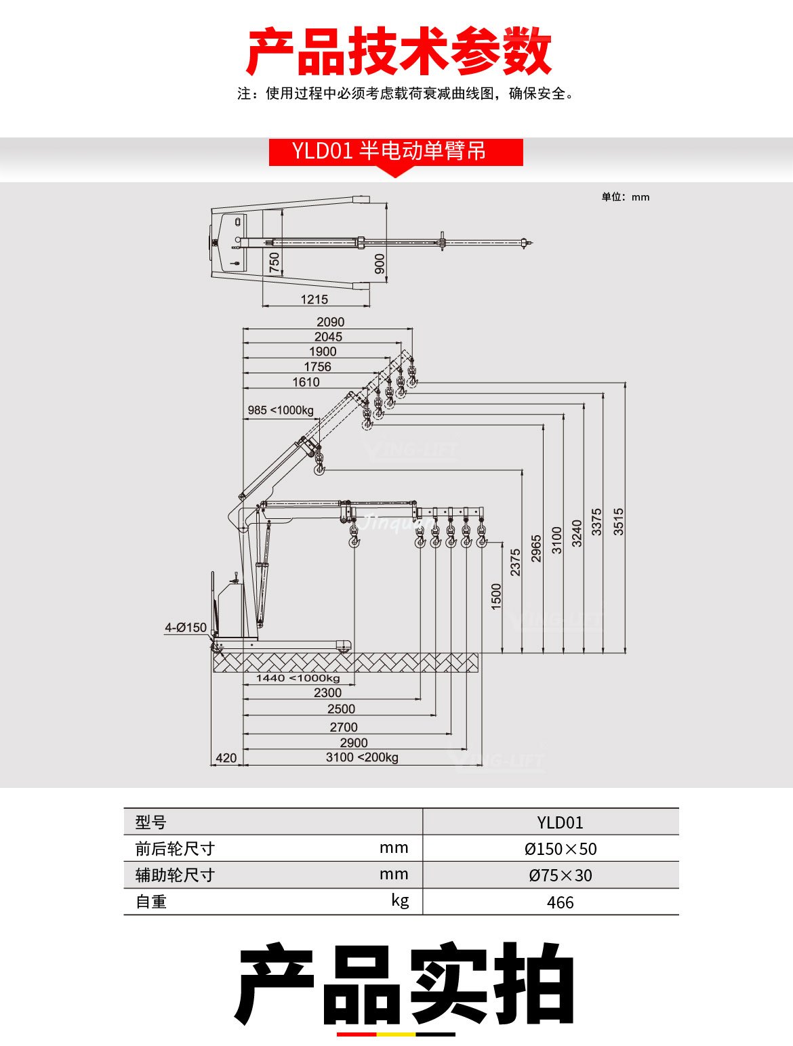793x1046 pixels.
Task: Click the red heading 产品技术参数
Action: (399, 51)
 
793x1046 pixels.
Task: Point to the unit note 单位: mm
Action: (625, 197)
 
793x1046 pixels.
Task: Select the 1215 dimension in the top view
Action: (314, 299)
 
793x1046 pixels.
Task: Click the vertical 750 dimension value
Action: (274, 263)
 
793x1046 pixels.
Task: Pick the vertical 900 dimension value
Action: (380, 264)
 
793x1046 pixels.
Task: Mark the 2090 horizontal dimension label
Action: (330, 322)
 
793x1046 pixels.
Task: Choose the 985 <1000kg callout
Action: (281, 410)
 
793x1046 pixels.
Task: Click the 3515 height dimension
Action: (618, 522)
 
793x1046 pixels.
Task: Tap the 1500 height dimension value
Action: (496, 596)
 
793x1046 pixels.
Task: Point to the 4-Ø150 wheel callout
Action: (186, 628)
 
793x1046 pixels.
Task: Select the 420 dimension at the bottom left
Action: (226, 758)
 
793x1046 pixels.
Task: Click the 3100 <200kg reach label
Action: (362, 757)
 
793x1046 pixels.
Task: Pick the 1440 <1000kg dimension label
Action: (298, 678)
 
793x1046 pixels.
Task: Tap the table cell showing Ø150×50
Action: (560, 849)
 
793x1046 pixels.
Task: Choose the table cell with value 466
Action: (560, 902)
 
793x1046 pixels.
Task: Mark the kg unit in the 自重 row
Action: (400, 900)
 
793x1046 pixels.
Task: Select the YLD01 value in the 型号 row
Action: (560, 822)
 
